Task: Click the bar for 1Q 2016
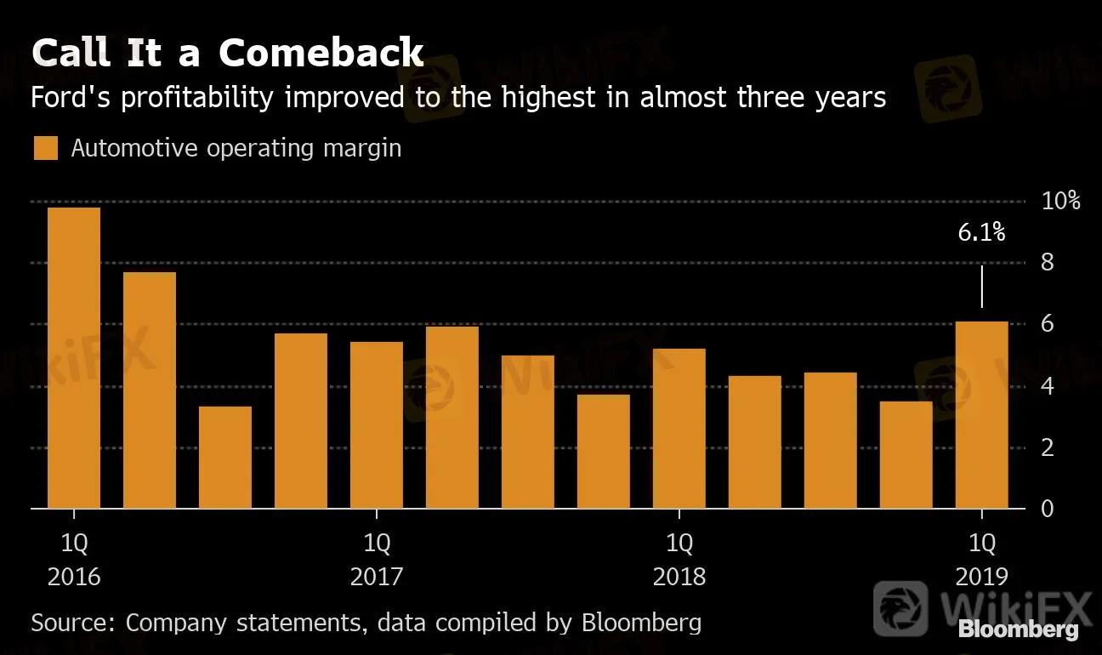point(74,358)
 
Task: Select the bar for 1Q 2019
point(982,415)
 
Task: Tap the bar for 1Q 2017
point(377,425)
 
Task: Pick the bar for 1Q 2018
point(679,429)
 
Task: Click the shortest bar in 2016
point(225,458)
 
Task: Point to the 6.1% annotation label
point(982,232)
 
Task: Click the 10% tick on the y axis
point(1060,202)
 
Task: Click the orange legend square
point(46,148)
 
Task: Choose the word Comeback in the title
point(321,53)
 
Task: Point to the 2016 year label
point(74,577)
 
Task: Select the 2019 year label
point(982,577)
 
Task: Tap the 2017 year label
point(377,577)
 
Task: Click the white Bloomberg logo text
point(1018,630)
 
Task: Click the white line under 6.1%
point(982,286)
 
